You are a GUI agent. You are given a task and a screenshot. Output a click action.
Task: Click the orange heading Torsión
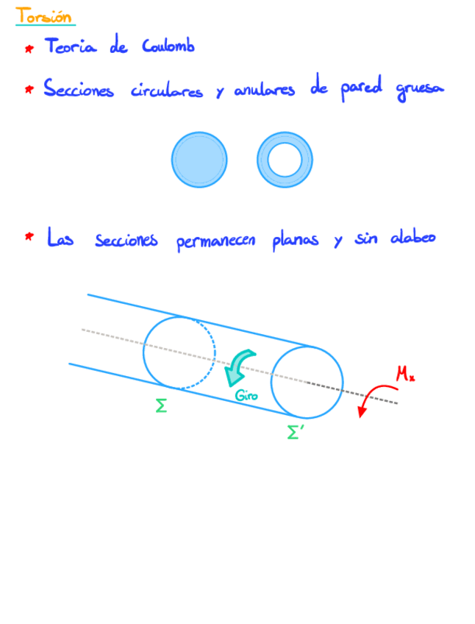click(x=44, y=15)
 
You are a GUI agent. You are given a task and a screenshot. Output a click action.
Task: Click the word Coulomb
click(x=168, y=46)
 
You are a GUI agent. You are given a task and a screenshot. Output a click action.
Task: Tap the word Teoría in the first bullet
click(x=72, y=46)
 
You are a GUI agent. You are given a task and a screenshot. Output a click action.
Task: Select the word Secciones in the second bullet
click(x=79, y=90)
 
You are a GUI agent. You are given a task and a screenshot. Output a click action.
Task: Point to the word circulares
click(x=166, y=91)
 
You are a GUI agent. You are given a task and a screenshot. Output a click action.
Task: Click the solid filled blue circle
click(x=199, y=160)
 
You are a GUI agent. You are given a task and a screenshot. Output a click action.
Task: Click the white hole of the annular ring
click(x=285, y=160)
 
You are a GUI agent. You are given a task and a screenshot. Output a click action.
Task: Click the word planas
click(x=295, y=240)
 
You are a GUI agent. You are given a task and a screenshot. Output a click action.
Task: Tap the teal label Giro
click(x=246, y=396)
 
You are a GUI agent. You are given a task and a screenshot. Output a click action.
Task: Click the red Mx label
click(x=405, y=374)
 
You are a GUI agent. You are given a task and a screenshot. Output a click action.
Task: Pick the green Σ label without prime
click(x=161, y=405)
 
